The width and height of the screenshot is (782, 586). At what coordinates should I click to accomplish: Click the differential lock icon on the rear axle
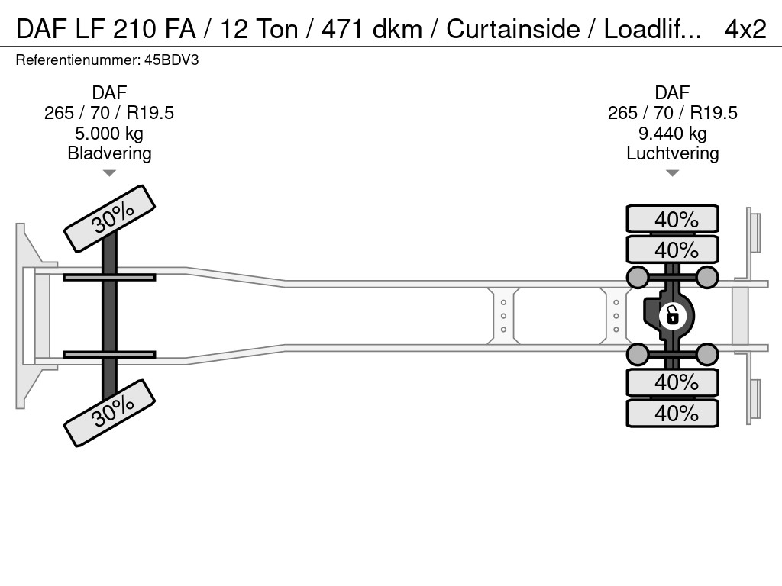672,314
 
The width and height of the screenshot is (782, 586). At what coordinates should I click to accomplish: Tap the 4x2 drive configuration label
745,29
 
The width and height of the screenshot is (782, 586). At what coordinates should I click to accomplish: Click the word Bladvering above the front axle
109,153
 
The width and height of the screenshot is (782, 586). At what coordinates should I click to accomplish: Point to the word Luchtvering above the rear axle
672,153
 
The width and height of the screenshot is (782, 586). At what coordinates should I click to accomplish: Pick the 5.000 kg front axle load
109,133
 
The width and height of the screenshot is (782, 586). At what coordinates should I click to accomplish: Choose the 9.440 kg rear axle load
672,133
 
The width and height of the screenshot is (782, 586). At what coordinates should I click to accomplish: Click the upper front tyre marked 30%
110,219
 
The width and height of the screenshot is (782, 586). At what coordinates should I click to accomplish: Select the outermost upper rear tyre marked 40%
672,219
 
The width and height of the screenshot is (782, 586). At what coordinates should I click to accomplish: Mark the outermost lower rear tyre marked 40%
672,413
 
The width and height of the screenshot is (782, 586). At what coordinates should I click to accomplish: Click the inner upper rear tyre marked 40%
672,250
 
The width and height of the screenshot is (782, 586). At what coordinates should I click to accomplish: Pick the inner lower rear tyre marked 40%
672,382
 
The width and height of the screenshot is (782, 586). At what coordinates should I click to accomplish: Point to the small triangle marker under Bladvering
109,173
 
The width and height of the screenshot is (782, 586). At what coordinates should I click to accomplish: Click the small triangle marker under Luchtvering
672,173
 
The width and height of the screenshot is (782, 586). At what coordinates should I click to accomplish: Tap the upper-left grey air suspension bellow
637,276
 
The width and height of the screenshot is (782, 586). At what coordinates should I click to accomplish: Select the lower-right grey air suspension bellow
707,354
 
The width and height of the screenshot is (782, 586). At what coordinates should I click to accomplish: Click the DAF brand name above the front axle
109,93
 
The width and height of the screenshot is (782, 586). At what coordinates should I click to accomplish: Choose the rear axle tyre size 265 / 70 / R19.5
672,113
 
